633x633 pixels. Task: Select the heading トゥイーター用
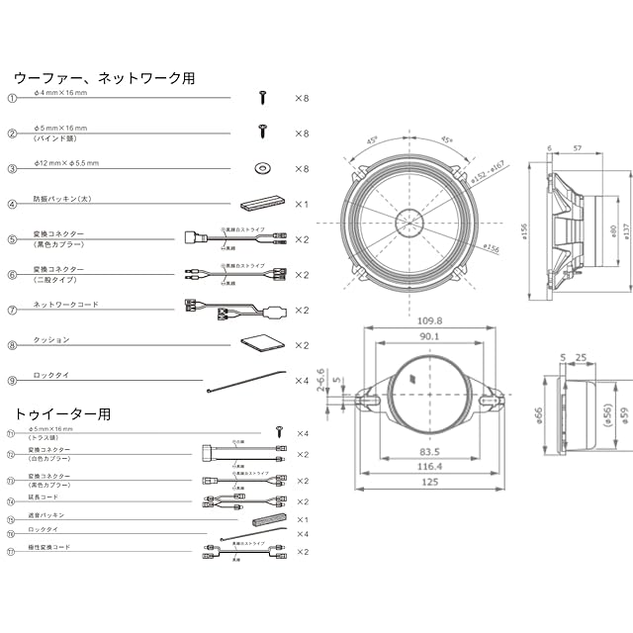point(63,412)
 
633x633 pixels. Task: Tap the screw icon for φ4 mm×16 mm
point(263,97)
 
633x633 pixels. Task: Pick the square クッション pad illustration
point(263,344)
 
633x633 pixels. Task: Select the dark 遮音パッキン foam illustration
point(268,520)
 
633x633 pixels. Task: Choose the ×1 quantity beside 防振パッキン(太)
point(302,205)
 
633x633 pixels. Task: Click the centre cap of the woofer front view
point(409,219)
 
